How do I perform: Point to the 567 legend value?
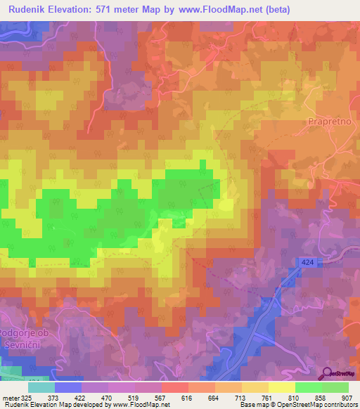pos(161,397)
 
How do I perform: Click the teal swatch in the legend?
pos(41,387)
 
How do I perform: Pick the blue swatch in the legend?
pos(68,387)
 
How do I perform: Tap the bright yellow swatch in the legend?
pos(281,387)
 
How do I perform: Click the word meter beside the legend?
pos(10,397)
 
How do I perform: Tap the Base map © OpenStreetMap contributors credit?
pos(298,405)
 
